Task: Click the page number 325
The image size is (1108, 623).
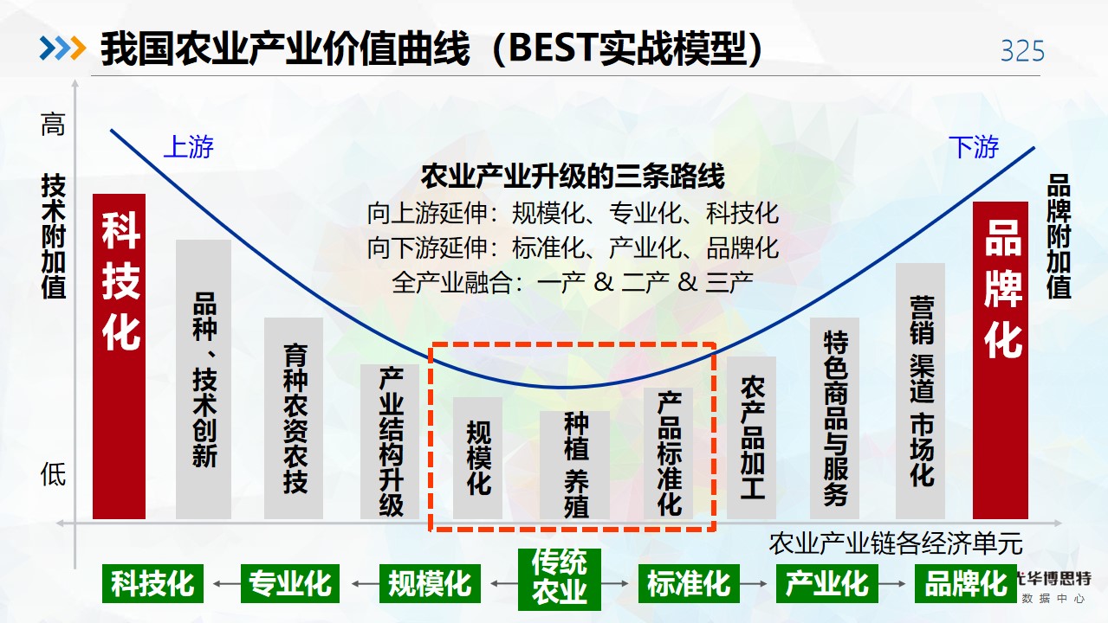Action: [1022, 51]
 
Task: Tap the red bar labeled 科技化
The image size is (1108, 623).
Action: [120, 356]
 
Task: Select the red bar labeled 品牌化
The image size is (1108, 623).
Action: [1001, 360]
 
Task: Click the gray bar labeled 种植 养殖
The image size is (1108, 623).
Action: [574, 465]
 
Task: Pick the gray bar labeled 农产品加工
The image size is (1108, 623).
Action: [751, 438]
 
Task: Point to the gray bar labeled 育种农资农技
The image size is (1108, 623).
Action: [294, 419]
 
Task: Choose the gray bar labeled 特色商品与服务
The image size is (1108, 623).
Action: [834, 419]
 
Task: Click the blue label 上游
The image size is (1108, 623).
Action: [189, 147]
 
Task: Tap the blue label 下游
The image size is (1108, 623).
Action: [974, 147]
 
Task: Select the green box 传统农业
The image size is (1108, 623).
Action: [560, 580]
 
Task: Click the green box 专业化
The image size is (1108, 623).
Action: [290, 583]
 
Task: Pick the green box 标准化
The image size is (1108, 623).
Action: [689, 583]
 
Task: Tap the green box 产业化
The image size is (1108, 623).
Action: [827, 583]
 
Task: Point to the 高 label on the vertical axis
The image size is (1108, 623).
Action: [53, 124]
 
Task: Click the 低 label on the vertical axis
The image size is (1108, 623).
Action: [53, 474]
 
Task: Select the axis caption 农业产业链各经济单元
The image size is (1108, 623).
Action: [895, 544]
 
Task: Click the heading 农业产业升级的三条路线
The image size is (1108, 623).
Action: [573, 177]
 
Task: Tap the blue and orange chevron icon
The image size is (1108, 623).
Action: [62, 48]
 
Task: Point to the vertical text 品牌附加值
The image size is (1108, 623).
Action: [1059, 236]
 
